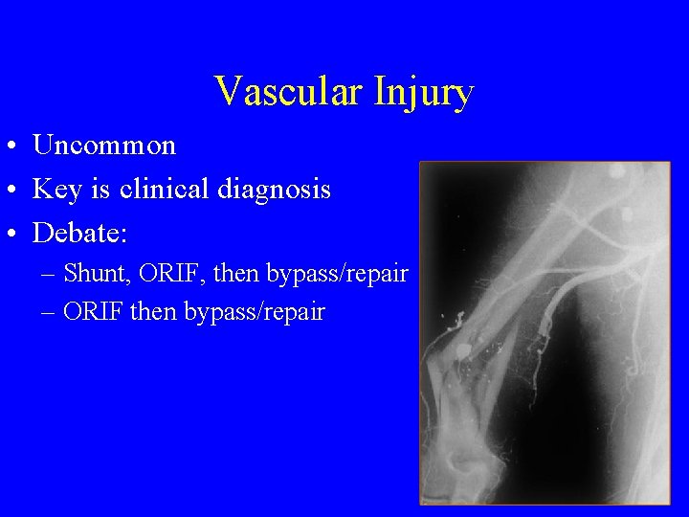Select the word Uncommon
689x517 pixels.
[x=104, y=146]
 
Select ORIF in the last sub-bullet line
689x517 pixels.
[x=99, y=312]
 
